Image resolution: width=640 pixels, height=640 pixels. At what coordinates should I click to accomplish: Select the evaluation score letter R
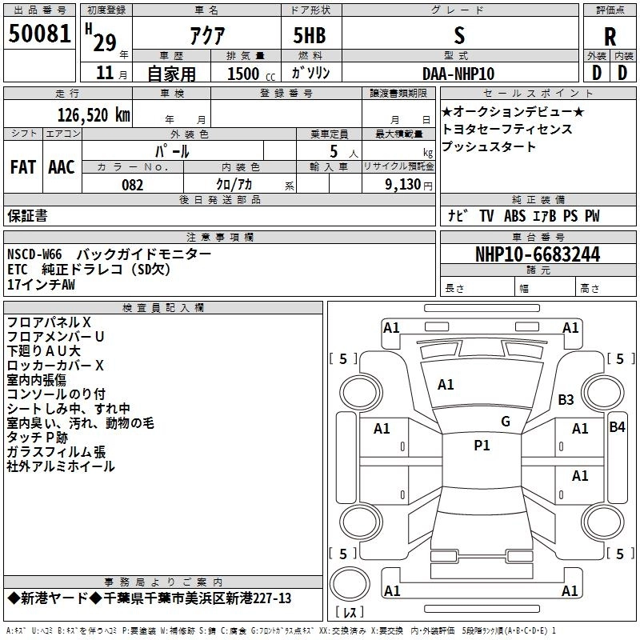610,36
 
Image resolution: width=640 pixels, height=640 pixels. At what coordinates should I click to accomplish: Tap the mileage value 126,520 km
94,115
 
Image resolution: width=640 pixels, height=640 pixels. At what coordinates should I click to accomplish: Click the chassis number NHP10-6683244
537,254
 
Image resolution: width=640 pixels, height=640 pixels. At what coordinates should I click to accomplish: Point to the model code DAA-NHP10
458,73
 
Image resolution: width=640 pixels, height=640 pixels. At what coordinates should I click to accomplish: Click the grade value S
458,35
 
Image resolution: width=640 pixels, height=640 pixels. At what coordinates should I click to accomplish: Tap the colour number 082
132,185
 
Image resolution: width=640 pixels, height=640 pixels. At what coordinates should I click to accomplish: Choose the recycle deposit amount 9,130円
408,185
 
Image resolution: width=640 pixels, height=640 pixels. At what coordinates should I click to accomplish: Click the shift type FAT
22,167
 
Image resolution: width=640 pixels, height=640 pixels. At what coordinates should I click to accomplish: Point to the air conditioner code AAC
61,167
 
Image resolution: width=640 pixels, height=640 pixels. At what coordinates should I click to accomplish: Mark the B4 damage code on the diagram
617,427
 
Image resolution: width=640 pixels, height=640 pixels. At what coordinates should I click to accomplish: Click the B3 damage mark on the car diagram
566,399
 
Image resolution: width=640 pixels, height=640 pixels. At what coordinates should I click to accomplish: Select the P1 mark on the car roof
482,446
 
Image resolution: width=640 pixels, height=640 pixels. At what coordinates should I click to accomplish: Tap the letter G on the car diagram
505,422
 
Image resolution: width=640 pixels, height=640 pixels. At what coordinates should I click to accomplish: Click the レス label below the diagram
350,613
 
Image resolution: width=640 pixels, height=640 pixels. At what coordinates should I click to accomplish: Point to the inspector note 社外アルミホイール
61,466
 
